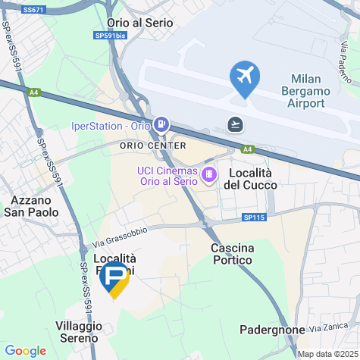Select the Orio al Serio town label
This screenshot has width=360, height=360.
pyautogui.click(x=140, y=23)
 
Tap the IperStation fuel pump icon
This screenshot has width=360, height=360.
pyautogui.click(x=161, y=124)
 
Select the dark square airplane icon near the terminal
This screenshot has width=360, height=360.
pyautogui.click(x=236, y=124)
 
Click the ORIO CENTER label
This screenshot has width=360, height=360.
pyautogui.click(x=152, y=145)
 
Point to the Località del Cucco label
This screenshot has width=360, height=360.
pyautogui.click(x=249, y=179)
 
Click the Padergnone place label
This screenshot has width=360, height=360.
pyautogui.click(x=271, y=330)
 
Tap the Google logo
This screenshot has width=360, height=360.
pyautogui.click(x=25, y=351)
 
